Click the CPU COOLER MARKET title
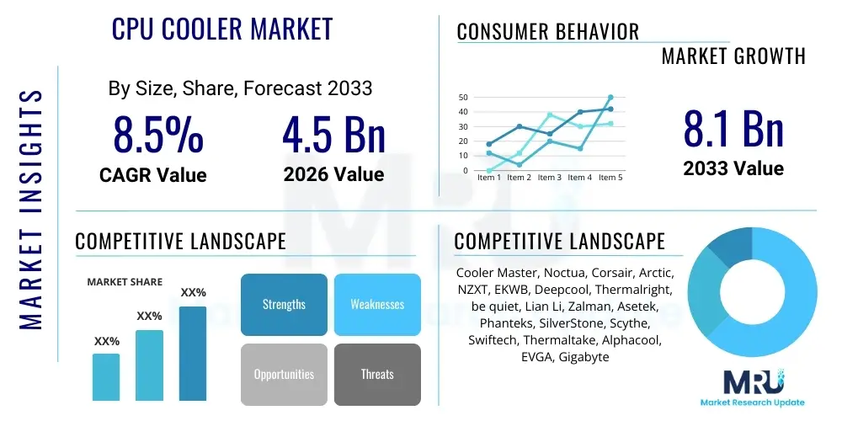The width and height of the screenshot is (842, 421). pyautogui.click(x=222, y=29)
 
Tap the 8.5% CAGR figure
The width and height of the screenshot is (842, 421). pyautogui.click(x=158, y=135)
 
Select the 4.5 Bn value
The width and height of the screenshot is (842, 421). pyautogui.click(x=333, y=135)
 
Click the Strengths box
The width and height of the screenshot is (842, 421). pyautogui.click(x=284, y=304)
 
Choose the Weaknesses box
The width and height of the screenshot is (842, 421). pyautogui.click(x=377, y=304)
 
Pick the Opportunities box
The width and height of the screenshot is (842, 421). pyautogui.click(x=284, y=374)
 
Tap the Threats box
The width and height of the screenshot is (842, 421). pyautogui.click(x=377, y=374)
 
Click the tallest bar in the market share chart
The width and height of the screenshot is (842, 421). pyautogui.click(x=193, y=353)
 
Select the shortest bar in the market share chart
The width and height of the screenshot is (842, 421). pyautogui.click(x=106, y=376)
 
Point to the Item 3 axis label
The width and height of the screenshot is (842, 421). pyautogui.click(x=550, y=178)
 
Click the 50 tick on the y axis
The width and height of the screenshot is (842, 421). pyautogui.click(x=463, y=98)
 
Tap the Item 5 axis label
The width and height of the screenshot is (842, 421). pyautogui.click(x=610, y=178)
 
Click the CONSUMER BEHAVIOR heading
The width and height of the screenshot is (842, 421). pyautogui.click(x=548, y=32)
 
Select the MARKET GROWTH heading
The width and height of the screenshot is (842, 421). pyautogui.click(x=733, y=56)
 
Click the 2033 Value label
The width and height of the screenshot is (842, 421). pyautogui.click(x=733, y=168)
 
